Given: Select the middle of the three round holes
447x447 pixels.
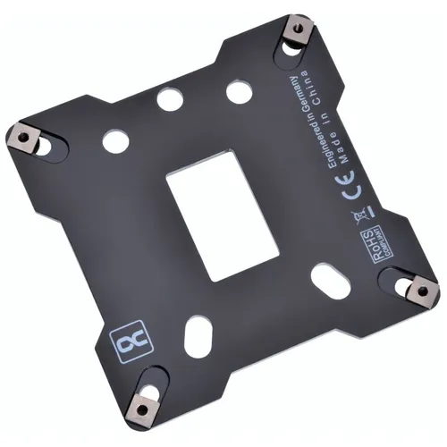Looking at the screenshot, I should [169, 98].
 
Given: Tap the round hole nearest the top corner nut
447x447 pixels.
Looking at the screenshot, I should [237, 90].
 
